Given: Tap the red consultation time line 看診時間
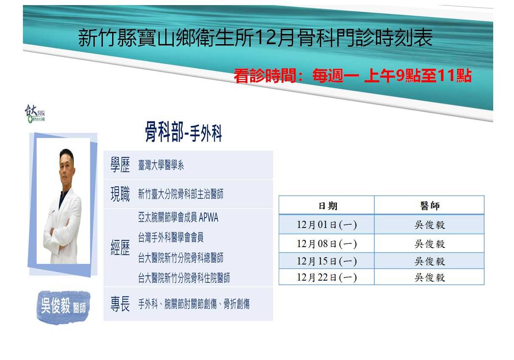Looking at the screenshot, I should pyautogui.click(x=353, y=76).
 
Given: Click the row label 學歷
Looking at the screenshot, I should pyautogui.click(x=120, y=166).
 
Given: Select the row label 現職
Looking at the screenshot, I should pyautogui.click(x=120, y=194).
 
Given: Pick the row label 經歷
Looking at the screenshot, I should pyautogui.click(x=120, y=248).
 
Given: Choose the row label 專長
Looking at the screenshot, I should pyautogui.click(x=120, y=304).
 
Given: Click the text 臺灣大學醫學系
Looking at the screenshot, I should pyautogui.click(x=161, y=166).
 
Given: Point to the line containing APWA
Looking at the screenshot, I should pyautogui.click(x=178, y=218).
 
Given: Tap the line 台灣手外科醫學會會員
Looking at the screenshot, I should pyautogui.click(x=171, y=238).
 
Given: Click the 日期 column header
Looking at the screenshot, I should pyautogui.click(x=328, y=206).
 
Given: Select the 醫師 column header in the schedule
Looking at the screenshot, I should pyautogui.click(x=429, y=206).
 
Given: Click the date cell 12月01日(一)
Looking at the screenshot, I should pyautogui.click(x=327, y=225).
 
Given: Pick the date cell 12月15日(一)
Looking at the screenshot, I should pyautogui.click(x=327, y=261).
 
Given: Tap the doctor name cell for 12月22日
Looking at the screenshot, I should pyautogui.click(x=429, y=278).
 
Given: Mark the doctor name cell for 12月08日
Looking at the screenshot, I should pyautogui.click(x=429, y=244).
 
